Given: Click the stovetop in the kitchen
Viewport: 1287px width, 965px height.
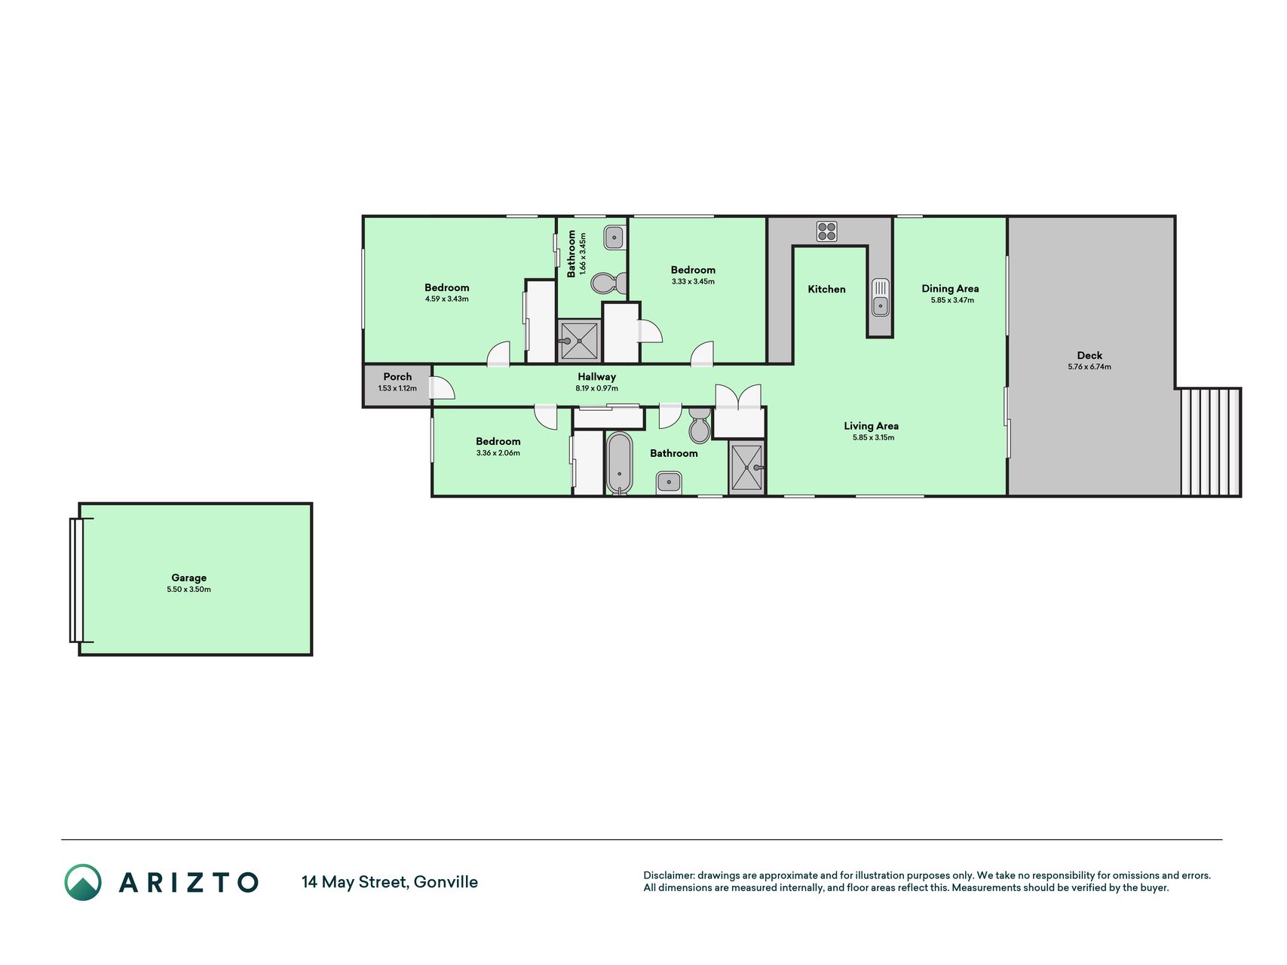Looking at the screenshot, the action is coord(827,231).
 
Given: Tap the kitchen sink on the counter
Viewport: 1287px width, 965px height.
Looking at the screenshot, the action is coord(880,297).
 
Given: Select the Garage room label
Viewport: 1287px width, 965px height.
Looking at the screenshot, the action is coord(188,578).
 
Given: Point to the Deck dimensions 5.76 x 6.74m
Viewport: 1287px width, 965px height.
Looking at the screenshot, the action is coord(1089,367).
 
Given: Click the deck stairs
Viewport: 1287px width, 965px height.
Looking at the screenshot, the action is coord(1209,442).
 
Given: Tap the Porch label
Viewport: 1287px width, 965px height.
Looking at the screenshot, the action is coord(397,377).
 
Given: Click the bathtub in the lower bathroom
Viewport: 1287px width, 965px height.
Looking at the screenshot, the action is coord(620,463).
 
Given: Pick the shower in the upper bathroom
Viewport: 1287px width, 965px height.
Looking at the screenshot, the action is coord(579,341).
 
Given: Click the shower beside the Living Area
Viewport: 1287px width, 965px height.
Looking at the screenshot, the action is coord(746,468).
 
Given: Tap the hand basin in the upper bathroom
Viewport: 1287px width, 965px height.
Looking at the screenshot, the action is coord(614,238).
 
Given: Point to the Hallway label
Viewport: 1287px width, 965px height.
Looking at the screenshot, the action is coord(597,377).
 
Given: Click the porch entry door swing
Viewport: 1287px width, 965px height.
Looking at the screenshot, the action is coord(443,387).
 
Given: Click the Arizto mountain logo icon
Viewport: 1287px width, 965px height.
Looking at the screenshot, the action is coord(83,882).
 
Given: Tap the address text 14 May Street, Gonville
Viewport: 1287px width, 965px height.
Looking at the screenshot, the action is coord(390,882).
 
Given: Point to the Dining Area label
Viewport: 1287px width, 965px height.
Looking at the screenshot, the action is coord(950,289).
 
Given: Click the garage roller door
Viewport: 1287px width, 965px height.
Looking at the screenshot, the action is coord(76,580).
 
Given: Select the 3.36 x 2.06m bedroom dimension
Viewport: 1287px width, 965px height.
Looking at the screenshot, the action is coord(498,453).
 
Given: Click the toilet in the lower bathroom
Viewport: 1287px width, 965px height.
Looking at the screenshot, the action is coord(700,427).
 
